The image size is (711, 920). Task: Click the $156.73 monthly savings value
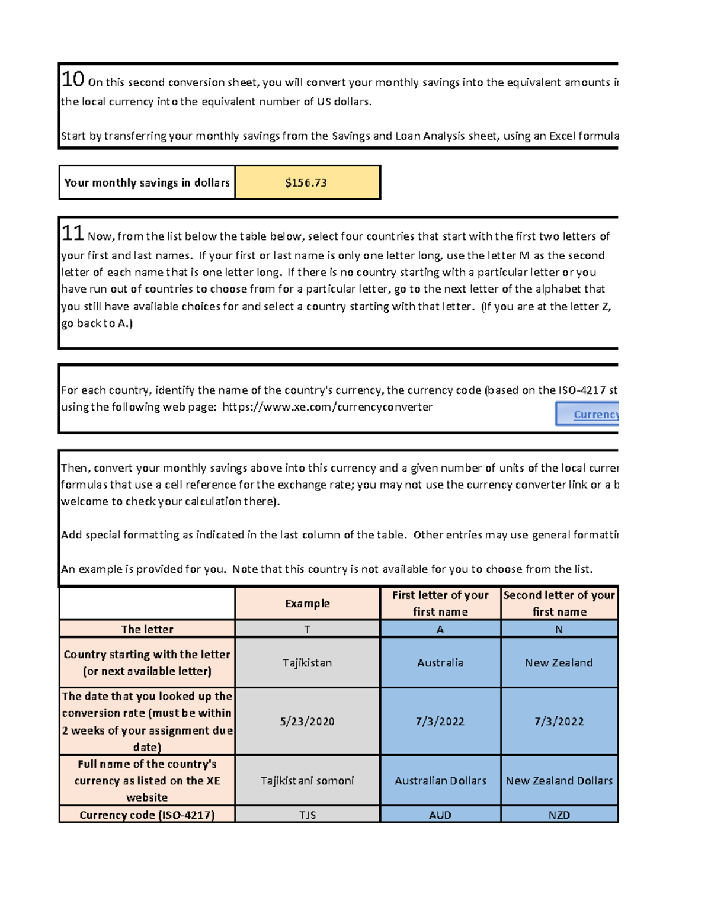click(306, 182)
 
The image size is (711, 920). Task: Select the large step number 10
click(73, 79)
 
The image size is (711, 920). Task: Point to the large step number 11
click(73, 233)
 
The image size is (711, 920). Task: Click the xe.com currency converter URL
click(327, 407)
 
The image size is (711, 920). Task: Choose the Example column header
click(307, 603)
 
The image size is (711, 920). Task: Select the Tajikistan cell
click(307, 662)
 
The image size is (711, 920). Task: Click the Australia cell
click(440, 662)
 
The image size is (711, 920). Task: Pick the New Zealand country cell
click(559, 662)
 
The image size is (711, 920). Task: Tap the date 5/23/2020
click(307, 721)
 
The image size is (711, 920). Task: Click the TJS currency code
click(307, 815)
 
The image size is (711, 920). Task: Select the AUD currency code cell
click(440, 815)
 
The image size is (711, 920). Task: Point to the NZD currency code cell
click(559, 815)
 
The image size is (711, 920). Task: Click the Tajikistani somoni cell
click(307, 780)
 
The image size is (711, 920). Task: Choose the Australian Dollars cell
click(440, 780)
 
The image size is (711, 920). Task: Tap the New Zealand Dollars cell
click(559, 780)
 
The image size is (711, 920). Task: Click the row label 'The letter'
click(147, 629)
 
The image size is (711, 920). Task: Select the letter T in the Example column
click(307, 629)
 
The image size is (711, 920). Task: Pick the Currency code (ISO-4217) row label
click(147, 815)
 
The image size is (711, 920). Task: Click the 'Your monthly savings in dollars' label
click(147, 182)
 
